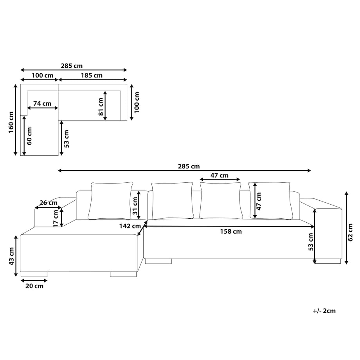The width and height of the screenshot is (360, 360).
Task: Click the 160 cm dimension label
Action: [x=11, y=122]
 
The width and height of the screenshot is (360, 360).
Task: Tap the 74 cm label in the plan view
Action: [x=42, y=104]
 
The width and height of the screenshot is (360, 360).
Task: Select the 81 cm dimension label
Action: [x=101, y=106]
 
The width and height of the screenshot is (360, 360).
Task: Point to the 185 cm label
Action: [x=92, y=75]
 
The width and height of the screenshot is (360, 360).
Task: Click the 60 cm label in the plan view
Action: [x=29, y=136]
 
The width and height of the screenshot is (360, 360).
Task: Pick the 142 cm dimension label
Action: [x=130, y=226]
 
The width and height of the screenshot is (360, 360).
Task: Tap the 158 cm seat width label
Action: [x=231, y=231]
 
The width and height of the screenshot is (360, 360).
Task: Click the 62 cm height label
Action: [x=350, y=232]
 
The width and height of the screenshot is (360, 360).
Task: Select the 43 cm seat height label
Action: [x=11, y=256]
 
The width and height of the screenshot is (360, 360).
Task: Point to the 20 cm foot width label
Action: [x=34, y=286]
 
